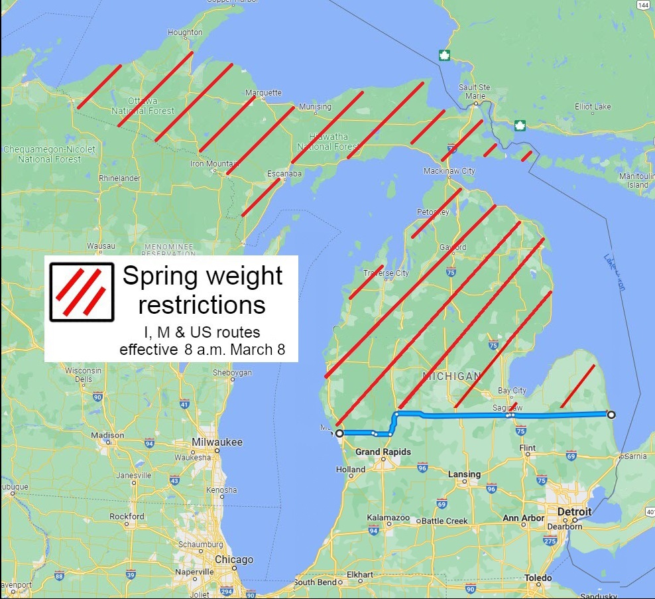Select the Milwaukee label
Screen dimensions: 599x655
[217, 442]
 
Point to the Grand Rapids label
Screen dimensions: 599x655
[383, 452]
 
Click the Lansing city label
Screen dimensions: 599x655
[464, 474]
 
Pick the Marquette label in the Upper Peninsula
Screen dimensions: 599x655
[263, 93]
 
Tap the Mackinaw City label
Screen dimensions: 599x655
[449, 171]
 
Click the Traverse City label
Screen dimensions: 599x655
[386, 273]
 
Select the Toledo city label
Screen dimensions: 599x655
[538, 578]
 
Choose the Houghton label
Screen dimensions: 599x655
[186, 33]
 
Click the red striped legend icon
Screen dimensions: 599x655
[81, 292]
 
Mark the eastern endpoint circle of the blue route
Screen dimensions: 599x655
[611, 415]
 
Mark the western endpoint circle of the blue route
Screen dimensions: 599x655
[339, 433]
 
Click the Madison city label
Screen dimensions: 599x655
[107, 435]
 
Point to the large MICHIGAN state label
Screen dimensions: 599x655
[452, 376]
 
